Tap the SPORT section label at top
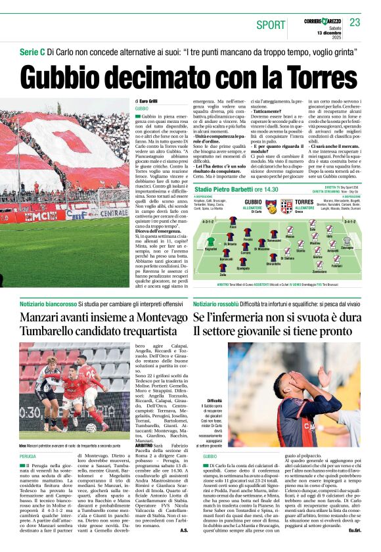271,24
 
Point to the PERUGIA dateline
28,455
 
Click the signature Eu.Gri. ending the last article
355,530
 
